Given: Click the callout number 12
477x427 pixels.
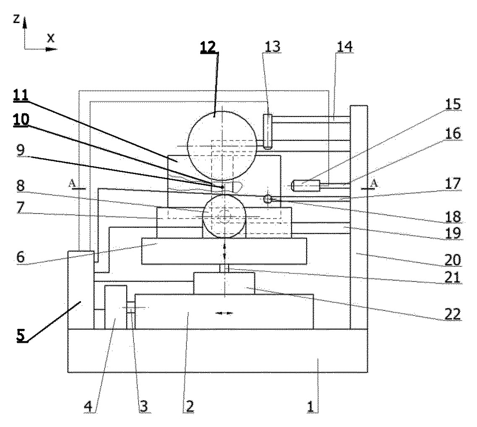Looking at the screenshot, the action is [x=208, y=47].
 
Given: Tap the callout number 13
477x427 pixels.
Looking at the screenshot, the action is [x=272, y=47].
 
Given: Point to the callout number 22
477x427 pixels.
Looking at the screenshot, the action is [x=452, y=314].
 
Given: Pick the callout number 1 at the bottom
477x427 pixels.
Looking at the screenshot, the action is [x=310, y=406].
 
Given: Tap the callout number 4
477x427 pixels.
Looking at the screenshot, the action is [x=88, y=406].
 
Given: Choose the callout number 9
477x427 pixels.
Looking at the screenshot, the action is [x=21, y=150].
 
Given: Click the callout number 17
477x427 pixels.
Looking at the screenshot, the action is [x=453, y=183].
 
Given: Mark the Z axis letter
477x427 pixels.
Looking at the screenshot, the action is [x=17, y=19].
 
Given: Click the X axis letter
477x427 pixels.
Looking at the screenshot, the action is [x=51, y=38].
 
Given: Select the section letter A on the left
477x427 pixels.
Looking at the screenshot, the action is [x=72, y=183].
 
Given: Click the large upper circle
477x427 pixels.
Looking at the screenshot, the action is [x=222, y=111].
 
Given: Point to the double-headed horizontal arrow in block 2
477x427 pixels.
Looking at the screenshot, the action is [x=224, y=313].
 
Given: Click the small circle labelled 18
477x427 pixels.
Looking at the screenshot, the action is [x=267, y=199].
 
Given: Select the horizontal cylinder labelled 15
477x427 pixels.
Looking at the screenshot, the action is [x=306, y=185].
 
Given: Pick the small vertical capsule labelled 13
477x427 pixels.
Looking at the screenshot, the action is [x=267, y=131].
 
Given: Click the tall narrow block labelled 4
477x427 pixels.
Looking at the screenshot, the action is [x=116, y=307].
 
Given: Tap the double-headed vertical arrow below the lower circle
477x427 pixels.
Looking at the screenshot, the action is [x=224, y=250].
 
